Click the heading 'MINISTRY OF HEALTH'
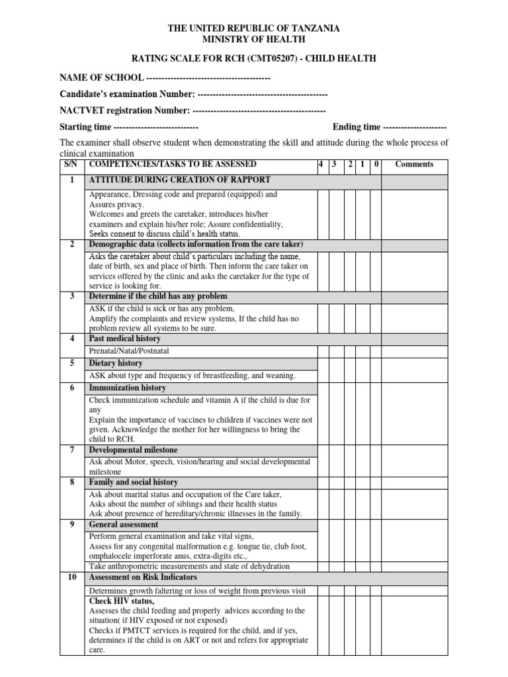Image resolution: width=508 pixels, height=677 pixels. (254, 39)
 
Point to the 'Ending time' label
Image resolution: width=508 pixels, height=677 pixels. (357, 127)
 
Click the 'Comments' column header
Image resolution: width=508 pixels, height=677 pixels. (414, 165)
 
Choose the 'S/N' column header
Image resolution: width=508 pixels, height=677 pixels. (71, 164)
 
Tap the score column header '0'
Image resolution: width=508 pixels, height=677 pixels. (376, 165)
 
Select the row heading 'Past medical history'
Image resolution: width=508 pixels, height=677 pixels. (125, 338)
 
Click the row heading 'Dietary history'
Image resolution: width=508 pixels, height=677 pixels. (116, 363)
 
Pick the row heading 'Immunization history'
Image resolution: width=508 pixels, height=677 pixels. (128, 388)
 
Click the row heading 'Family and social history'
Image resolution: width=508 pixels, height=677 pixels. (134, 483)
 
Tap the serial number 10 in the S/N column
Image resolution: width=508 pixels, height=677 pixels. (71, 577)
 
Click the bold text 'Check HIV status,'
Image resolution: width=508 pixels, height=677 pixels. (122, 601)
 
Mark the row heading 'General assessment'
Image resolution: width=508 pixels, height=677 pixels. (124, 524)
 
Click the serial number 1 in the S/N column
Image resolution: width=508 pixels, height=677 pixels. (71, 180)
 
